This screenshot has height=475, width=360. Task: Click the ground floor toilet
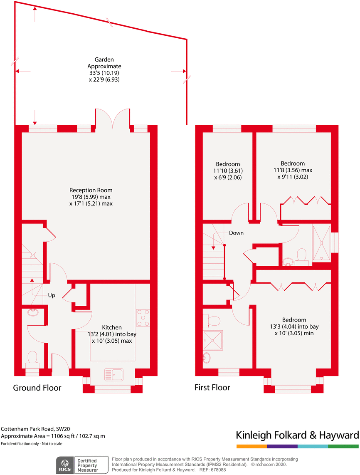click(x=32, y=359)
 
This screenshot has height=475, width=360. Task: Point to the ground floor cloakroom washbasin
click(x=32, y=312)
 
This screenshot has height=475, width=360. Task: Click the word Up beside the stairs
click(x=52, y=295)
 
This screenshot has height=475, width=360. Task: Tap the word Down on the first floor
click(x=236, y=233)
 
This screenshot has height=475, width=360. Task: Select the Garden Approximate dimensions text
click(x=104, y=69)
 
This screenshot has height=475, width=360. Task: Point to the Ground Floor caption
click(x=37, y=388)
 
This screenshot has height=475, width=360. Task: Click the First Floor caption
click(x=212, y=388)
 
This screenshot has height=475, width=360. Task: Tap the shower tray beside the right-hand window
click(x=321, y=243)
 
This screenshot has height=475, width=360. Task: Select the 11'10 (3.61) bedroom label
click(x=228, y=171)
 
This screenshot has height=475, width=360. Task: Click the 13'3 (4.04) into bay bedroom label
click(x=294, y=327)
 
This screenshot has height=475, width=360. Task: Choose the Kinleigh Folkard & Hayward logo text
click(x=297, y=435)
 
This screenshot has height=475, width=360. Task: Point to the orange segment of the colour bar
click(x=252, y=446)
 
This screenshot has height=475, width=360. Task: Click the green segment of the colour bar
click(x=343, y=446)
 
